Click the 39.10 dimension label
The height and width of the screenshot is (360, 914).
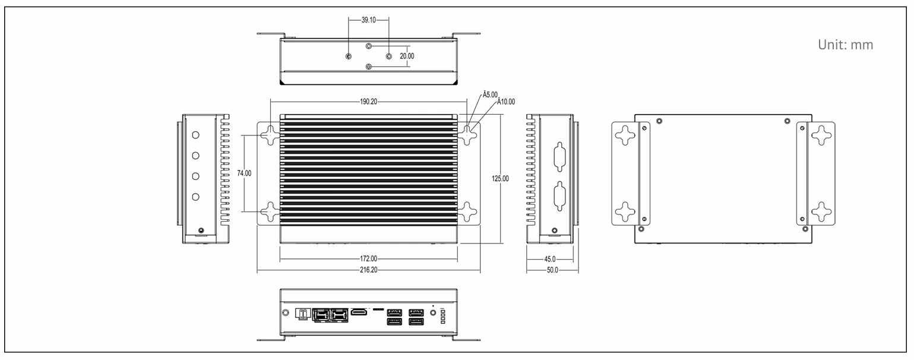[x=368, y=20]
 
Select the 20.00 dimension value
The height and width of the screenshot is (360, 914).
[x=407, y=56]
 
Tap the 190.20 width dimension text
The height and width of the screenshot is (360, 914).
[x=368, y=102]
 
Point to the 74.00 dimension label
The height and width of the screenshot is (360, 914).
[x=245, y=173]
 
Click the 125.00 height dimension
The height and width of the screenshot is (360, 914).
[x=500, y=178]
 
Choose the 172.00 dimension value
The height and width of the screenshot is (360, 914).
[x=368, y=259]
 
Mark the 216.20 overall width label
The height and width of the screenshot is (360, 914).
[x=368, y=270]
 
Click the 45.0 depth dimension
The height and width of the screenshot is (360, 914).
[x=549, y=259]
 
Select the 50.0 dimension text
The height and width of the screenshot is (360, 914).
[x=552, y=270]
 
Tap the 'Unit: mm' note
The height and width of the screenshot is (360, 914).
[x=846, y=45]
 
